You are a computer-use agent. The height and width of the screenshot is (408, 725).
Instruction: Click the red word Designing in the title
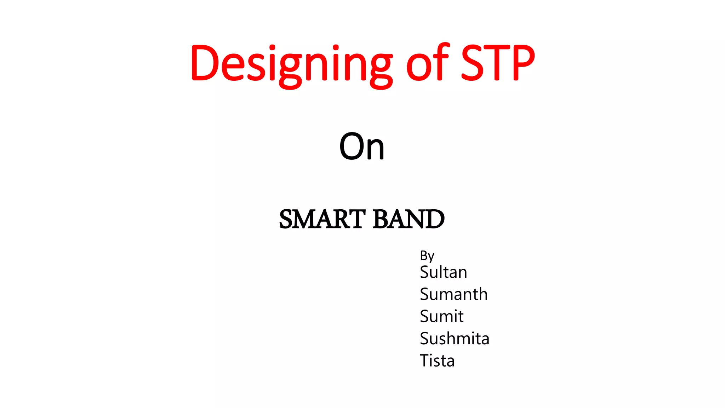coord(291,64)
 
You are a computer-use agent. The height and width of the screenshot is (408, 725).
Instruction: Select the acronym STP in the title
coord(498,63)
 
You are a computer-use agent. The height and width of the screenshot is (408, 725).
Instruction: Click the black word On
coord(361,146)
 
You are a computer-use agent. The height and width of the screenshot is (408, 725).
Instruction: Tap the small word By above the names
coord(427,256)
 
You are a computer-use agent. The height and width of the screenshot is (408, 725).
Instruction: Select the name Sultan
coord(443,272)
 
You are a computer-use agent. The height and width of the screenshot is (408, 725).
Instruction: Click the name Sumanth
coord(453,294)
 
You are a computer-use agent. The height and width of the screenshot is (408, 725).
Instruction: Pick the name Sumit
coord(441,316)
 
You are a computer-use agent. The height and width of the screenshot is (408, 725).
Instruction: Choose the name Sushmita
coord(454,339)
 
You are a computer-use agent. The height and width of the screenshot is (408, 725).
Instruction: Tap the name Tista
coord(437,361)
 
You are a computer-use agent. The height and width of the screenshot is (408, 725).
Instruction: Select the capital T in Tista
coord(425,361)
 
